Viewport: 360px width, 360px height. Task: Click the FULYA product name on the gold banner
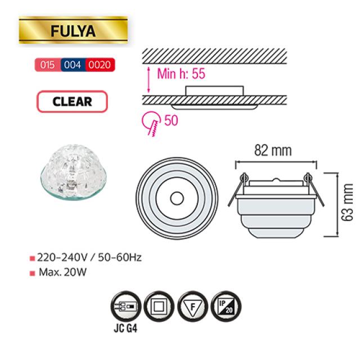pos(73,31)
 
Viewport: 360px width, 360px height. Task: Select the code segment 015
pos(47,65)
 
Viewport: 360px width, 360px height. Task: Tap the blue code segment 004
pos(73,65)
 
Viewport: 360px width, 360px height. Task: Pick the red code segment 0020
pos(100,65)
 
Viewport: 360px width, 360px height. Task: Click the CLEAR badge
pos(73,101)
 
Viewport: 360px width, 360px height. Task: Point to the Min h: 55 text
pos(181,74)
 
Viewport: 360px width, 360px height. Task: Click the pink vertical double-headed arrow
pos(148,80)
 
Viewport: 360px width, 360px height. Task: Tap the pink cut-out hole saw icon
pos(151,124)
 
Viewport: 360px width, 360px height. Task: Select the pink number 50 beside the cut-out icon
pos(171,120)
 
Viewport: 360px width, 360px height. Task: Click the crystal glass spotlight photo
pos(74,172)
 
